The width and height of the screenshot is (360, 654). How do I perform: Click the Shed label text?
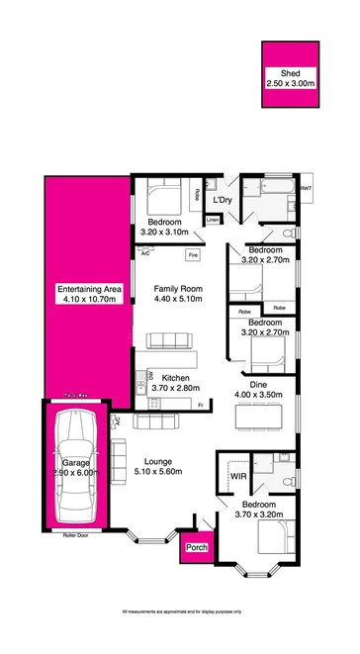point(290,74)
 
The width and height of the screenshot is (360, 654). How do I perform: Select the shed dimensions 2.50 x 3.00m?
point(290,84)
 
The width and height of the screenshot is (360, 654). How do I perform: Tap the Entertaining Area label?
point(89,289)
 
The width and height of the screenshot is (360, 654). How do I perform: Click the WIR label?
point(237,477)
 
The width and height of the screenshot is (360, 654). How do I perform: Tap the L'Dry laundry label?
point(223,200)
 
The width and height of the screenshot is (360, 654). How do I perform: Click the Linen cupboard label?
point(213,219)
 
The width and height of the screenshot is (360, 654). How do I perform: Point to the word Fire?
point(193,255)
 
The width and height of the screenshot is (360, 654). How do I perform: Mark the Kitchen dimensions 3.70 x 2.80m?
point(176,389)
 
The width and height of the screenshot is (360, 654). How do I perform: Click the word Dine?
point(258,385)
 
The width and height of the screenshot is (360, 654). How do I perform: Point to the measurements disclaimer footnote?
point(180,613)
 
